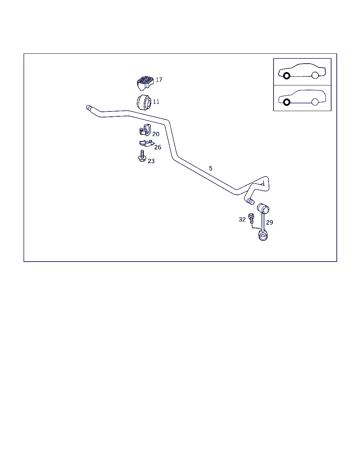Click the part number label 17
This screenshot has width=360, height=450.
pos(159,80)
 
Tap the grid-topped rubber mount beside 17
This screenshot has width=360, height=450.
pos(145,83)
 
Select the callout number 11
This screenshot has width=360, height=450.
pos(156,102)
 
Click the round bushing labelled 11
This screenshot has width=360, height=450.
pos(144,102)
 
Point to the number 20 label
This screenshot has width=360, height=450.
pos(156,134)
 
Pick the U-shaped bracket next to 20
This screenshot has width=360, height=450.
pos(145,130)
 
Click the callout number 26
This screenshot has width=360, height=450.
pos(158,147)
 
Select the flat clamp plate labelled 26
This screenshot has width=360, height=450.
pos(147,143)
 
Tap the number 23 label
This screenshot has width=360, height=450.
pos(151,161)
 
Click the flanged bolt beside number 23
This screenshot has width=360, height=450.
pos(142,156)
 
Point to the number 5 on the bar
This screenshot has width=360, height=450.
pos(211,168)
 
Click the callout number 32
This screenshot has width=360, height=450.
pos(242,220)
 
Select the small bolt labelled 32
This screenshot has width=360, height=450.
pos(251,219)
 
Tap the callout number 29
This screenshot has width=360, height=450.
pos(269,223)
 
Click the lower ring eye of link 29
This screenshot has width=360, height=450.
pos(263,235)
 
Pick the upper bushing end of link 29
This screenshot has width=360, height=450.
pos(263,208)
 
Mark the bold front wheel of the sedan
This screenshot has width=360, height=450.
pos(287,76)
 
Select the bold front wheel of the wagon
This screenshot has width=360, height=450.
pos(287,102)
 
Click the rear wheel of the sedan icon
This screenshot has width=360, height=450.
pos(315,75)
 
